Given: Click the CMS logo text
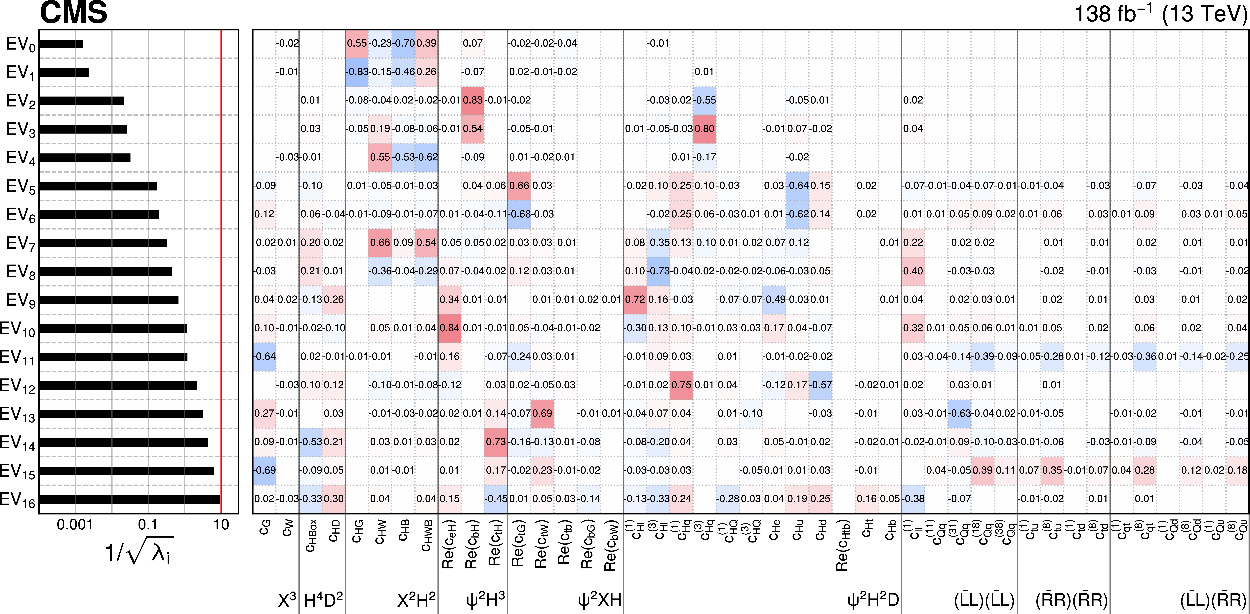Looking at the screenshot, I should pos(73,13).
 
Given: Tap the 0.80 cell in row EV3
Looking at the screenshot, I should pos(704,129).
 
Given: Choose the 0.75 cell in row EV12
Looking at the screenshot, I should pos(681,385).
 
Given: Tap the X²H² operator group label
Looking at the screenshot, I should pos(416,601).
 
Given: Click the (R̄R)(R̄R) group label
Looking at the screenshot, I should pos(1071,601).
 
